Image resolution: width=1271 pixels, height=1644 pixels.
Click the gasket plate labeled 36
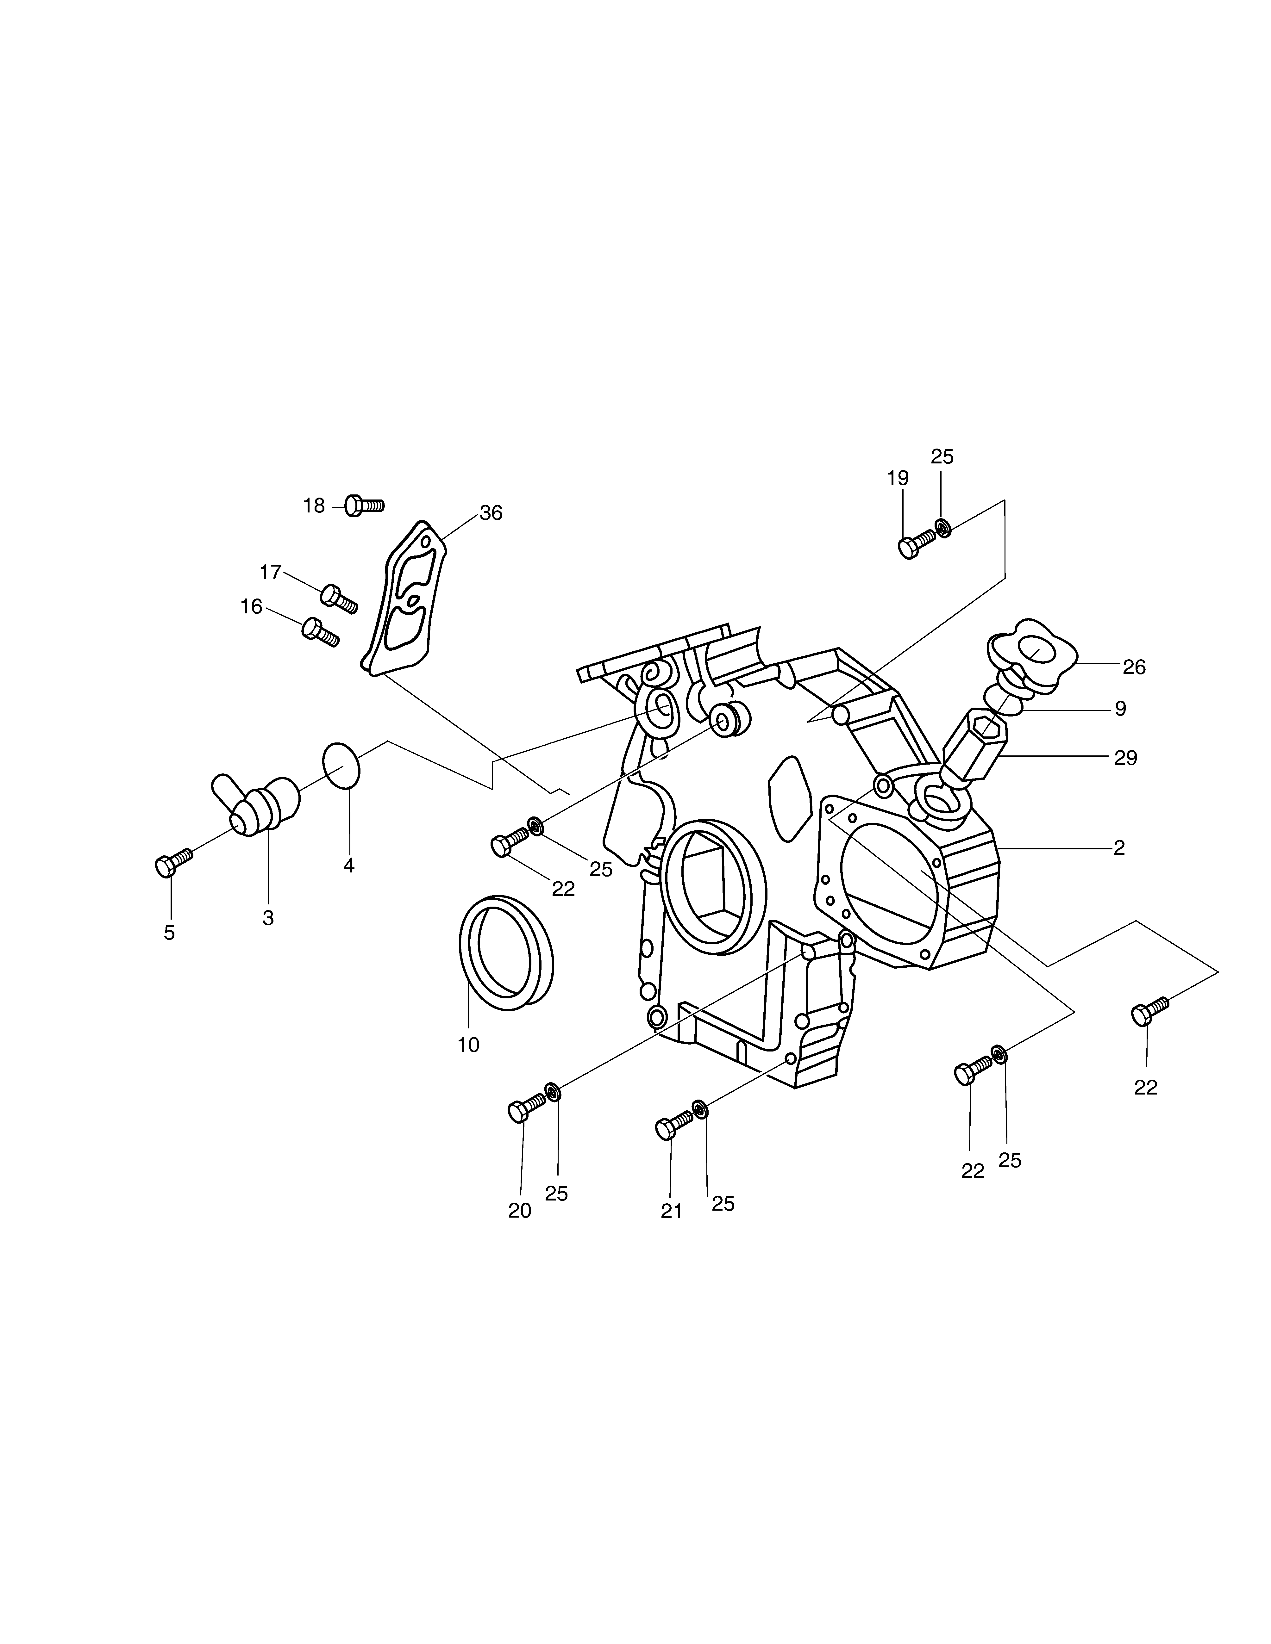[x=404, y=598]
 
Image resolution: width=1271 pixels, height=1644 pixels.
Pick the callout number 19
[x=898, y=478]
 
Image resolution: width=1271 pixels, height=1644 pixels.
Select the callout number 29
[x=1126, y=758]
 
